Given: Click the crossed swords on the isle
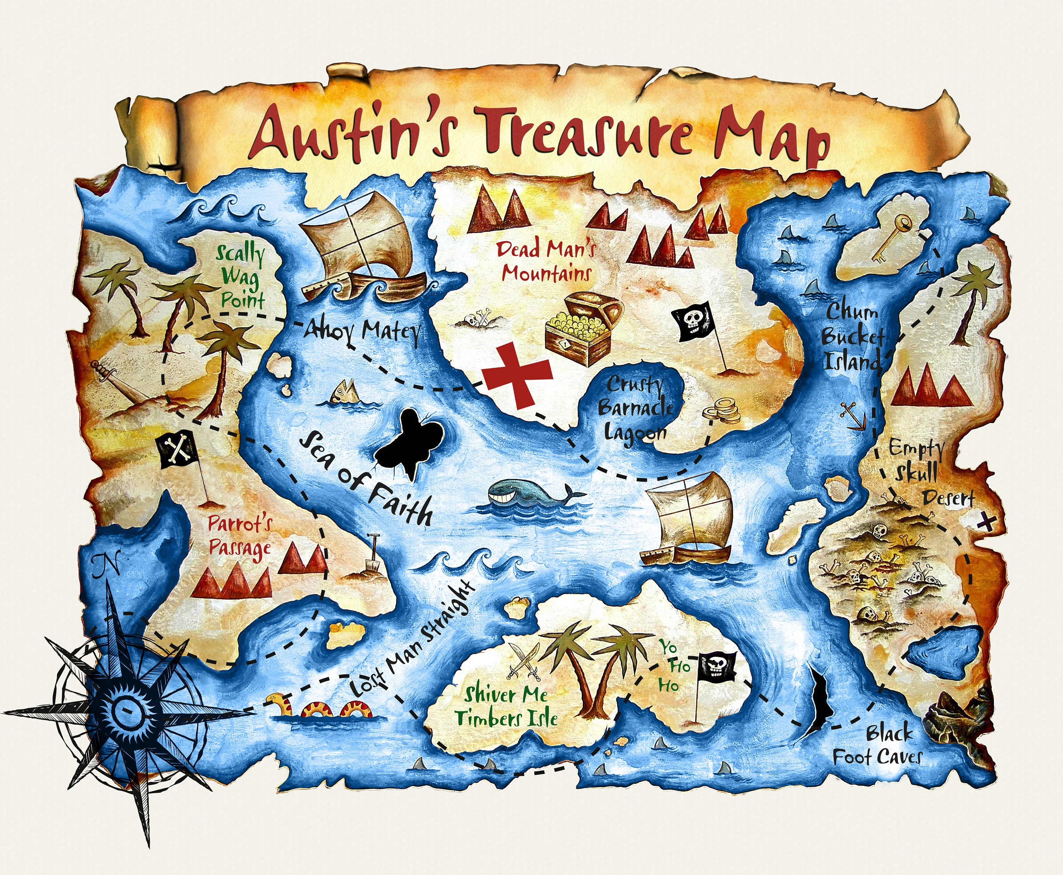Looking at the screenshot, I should click(x=525, y=661).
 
